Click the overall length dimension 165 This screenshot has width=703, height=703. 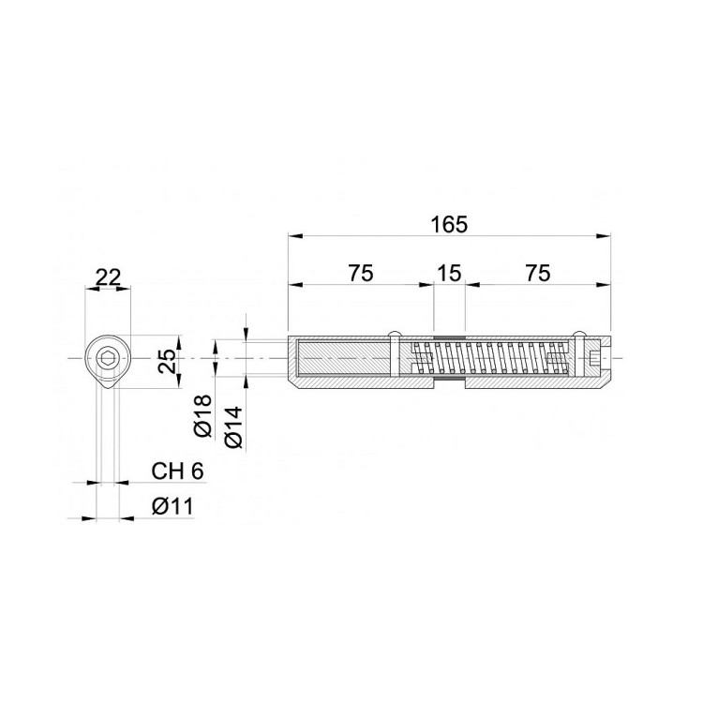(x=449, y=225)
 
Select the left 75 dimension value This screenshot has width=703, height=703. (x=361, y=273)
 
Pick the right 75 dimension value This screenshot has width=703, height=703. (x=538, y=273)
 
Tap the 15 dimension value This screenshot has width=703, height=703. (x=449, y=273)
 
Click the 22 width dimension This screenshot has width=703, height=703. (x=109, y=278)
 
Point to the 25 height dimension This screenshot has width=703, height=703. (x=167, y=361)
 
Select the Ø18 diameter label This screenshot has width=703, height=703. (x=202, y=415)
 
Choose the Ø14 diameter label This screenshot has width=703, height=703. (x=234, y=426)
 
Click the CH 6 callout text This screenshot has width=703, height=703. (x=177, y=471)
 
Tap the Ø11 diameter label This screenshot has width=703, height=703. (x=172, y=506)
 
